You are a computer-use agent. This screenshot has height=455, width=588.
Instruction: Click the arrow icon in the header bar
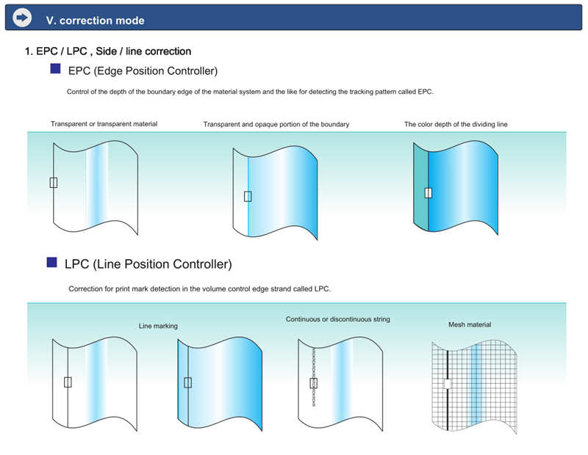click(x=22, y=18)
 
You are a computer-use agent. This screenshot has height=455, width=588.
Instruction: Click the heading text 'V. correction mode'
click(x=96, y=21)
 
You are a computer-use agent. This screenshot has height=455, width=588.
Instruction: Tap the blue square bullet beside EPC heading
click(x=56, y=68)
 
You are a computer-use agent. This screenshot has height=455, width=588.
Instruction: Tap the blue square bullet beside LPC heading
click(x=51, y=262)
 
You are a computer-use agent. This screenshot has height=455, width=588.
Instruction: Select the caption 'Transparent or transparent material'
click(x=104, y=124)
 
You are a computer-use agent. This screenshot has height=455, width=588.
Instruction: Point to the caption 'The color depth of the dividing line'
click(x=456, y=124)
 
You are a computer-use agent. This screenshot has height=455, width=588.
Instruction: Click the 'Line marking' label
click(x=158, y=326)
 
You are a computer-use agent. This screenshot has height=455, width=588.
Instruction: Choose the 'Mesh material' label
click(x=470, y=324)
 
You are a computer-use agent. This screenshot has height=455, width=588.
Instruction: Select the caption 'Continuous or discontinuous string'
click(x=338, y=319)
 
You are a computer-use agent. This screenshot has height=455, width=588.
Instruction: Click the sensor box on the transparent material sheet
click(x=54, y=183)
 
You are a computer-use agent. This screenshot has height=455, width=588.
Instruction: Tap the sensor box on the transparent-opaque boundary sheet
click(x=248, y=196)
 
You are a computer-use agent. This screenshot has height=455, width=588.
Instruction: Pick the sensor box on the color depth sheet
click(x=429, y=192)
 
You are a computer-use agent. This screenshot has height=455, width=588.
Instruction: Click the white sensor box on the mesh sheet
click(x=448, y=384)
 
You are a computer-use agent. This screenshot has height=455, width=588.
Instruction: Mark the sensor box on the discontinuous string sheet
click(x=314, y=383)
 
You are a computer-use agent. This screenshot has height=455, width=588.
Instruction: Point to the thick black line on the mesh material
click(x=448, y=390)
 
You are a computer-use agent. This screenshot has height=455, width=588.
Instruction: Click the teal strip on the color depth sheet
click(x=420, y=187)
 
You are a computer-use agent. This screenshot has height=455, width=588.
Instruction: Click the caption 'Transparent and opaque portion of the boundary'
click(x=276, y=124)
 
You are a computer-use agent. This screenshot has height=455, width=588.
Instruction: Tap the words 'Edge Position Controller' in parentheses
click(x=156, y=70)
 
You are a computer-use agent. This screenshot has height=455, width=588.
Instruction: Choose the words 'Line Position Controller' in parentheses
click(x=162, y=264)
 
